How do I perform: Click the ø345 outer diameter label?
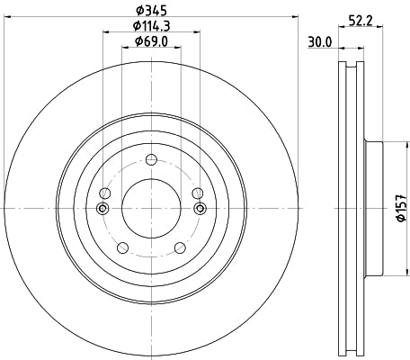tap(149, 11)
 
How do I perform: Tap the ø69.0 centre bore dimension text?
tap(149, 41)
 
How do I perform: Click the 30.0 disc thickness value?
tap(320, 41)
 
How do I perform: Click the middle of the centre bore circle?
tap(150, 208)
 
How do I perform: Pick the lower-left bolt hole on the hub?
tap(120, 249)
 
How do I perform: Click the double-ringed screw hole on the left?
tap(102, 208)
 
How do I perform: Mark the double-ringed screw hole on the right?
tap(199, 208)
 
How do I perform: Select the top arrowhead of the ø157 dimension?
tap(387, 142)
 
